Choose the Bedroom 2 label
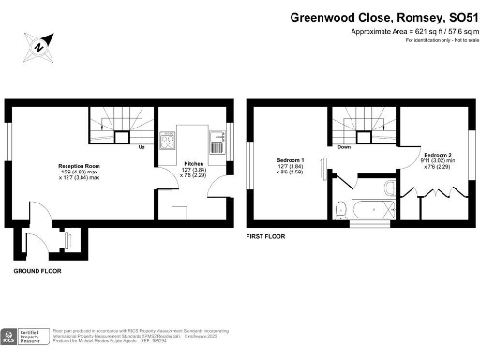(438, 154)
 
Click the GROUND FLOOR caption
(37, 270)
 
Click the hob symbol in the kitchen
(170, 143)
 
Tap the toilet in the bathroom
(340, 208)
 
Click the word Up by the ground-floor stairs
(141, 147)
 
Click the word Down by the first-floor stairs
(344, 147)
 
